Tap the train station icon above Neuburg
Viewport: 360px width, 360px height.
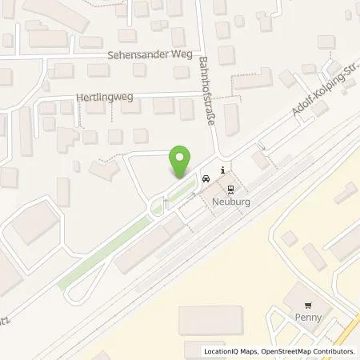[x=231, y=190]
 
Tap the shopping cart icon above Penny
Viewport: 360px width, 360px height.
[x=308, y=305]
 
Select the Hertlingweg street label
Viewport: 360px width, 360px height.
[x=103, y=96]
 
